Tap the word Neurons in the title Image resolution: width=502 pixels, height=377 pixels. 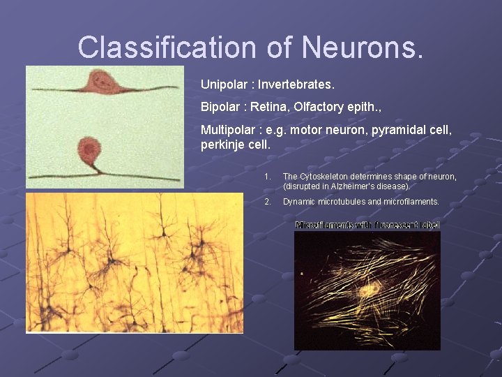tap(363, 47)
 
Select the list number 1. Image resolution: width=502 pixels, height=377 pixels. tap(267, 177)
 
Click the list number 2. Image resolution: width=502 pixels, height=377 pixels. tap(267, 202)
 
